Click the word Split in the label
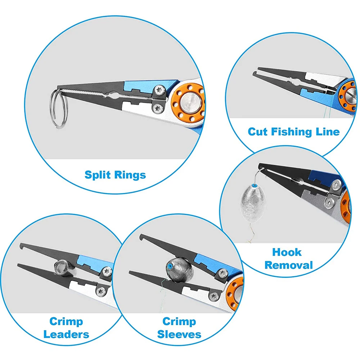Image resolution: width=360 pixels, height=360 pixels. [98, 175]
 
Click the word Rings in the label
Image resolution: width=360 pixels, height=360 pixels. [130, 175]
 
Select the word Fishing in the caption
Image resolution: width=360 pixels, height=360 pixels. [294, 132]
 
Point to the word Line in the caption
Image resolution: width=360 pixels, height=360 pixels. [329, 132]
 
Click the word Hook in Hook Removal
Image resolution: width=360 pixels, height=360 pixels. [287, 252]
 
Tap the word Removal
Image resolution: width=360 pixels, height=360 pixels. [288, 266]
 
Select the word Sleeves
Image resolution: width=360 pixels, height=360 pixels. [179, 334]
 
